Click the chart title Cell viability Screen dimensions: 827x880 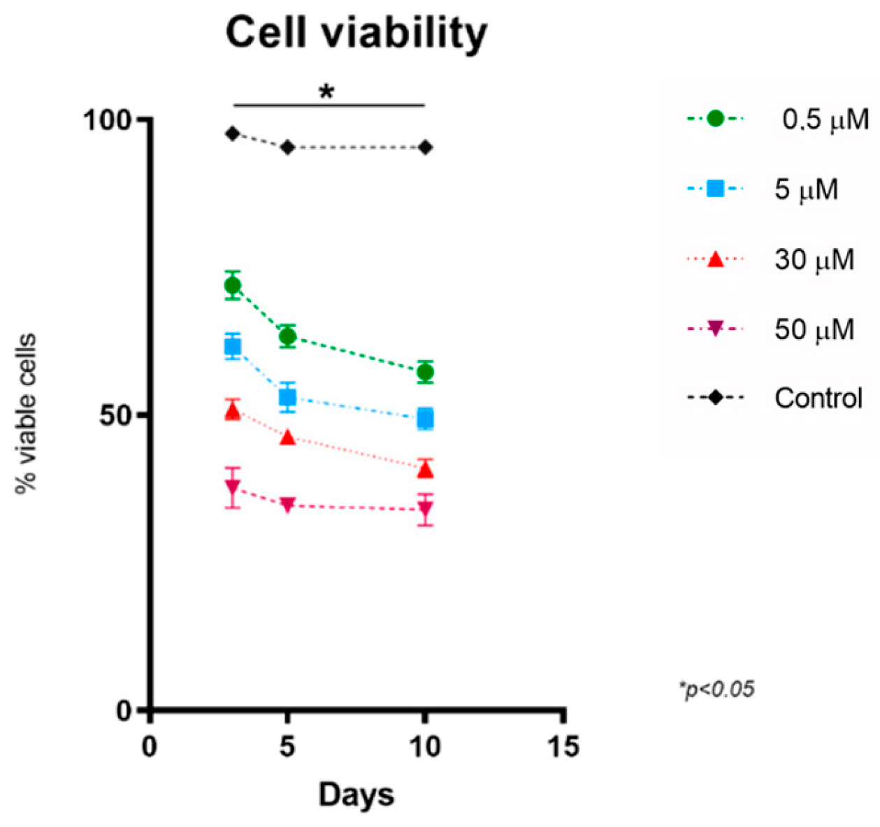pyautogui.click(x=356, y=33)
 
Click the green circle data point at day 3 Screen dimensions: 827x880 pyautogui.click(x=233, y=285)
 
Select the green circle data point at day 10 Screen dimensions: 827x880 pyautogui.click(x=424, y=372)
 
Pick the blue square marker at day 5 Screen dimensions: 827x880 pyautogui.click(x=287, y=397)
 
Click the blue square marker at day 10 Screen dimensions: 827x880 pyautogui.click(x=424, y=419)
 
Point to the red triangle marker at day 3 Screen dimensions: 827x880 pyautogui.click(x=233, y=412)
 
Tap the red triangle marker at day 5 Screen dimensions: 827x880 pyautogui.click(x=287, y=438)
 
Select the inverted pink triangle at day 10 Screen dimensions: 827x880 pyautogui.click(x=424, y=510)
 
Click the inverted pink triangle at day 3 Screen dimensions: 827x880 pyautogui.click(x=233, y=487)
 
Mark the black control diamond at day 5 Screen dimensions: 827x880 pyautogui.click(x=287, y=148)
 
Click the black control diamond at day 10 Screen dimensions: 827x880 pyautogui.click(x=424, y=148)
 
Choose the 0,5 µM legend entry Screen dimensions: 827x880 pyautogui.click(x=825, y=120)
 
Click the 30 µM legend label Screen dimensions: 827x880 pyautogui.click(x=814, y=259)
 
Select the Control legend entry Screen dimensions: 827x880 pyautogui.click(x=818, y=398)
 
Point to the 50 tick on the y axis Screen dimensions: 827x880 pyautogui.click(x=115, y=415)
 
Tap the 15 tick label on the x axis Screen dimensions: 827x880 pyautogui.click(x=563, y=747)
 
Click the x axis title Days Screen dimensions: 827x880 pyautogui.click(x=356, y=795)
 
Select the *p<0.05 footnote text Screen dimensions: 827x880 pyautogui.click(x=716, y=689)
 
